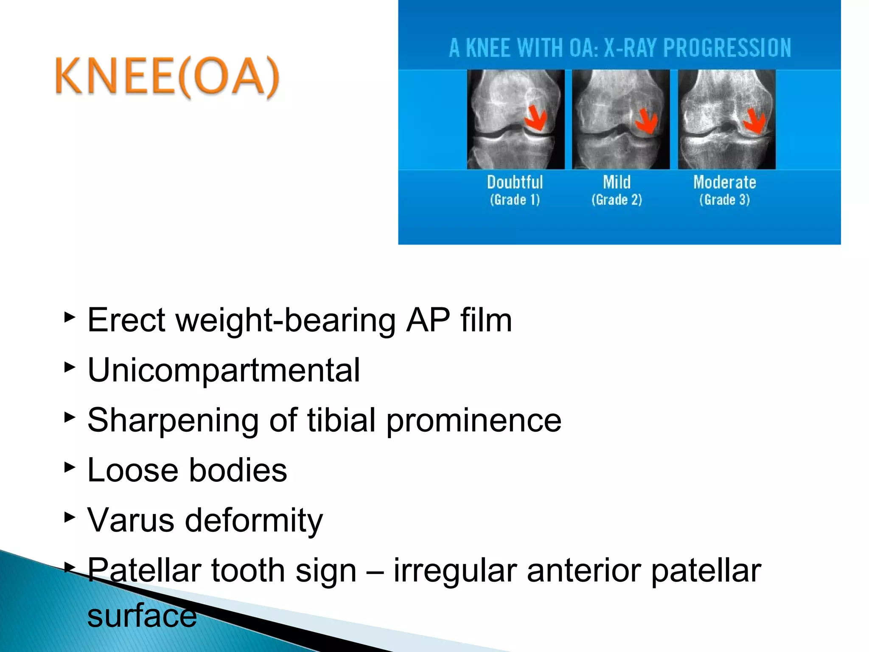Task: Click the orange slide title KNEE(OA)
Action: point(167,77)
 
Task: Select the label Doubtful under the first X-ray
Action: point(515,182)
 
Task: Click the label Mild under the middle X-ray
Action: point(617,182)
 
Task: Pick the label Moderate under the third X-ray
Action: point(725,182)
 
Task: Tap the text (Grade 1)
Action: point(515,200)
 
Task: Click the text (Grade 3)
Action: point(725,200)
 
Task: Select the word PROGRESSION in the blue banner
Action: point(727,48)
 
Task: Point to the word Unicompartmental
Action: point(224,370)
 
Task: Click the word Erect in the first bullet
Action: point(126,320)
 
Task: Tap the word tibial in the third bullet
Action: point(342,420)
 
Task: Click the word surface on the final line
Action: point(142,615)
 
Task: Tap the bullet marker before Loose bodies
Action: point(70,468)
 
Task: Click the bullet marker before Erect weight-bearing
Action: point(70,317)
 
